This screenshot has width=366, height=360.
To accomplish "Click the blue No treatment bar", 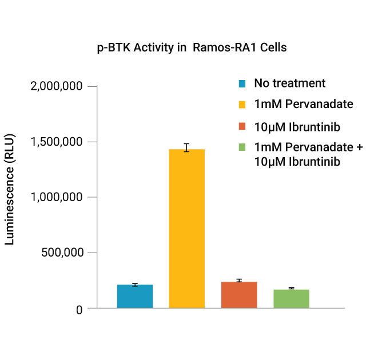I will coord(134,297).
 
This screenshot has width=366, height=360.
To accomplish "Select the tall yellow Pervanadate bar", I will coord(186,229).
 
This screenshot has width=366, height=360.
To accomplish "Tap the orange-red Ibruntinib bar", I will coord(239,295).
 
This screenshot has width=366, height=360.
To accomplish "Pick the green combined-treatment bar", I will coord(291,299).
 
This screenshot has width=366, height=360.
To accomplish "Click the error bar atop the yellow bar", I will coord(186,147).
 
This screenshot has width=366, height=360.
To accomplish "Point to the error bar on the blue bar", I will coord(134,285).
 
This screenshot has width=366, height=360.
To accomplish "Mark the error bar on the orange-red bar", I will coord(239,281).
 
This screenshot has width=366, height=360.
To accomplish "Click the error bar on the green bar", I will coord(291,289).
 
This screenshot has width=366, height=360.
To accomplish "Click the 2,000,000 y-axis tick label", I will coord(56,86).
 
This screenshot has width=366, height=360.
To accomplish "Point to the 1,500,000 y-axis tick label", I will coord(56,142).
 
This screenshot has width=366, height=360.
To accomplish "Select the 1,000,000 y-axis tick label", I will coord(56,197).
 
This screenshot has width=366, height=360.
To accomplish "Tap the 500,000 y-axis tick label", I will coord(63,253).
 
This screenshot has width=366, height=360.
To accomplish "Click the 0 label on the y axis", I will coord(79,309).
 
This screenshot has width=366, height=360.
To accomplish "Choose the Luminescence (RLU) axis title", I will coord(10,190).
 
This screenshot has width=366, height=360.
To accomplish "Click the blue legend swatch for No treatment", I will coord(242,84).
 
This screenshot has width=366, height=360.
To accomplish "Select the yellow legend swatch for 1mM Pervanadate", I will coord(242,105).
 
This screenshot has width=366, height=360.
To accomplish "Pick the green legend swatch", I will coord(242,148).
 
